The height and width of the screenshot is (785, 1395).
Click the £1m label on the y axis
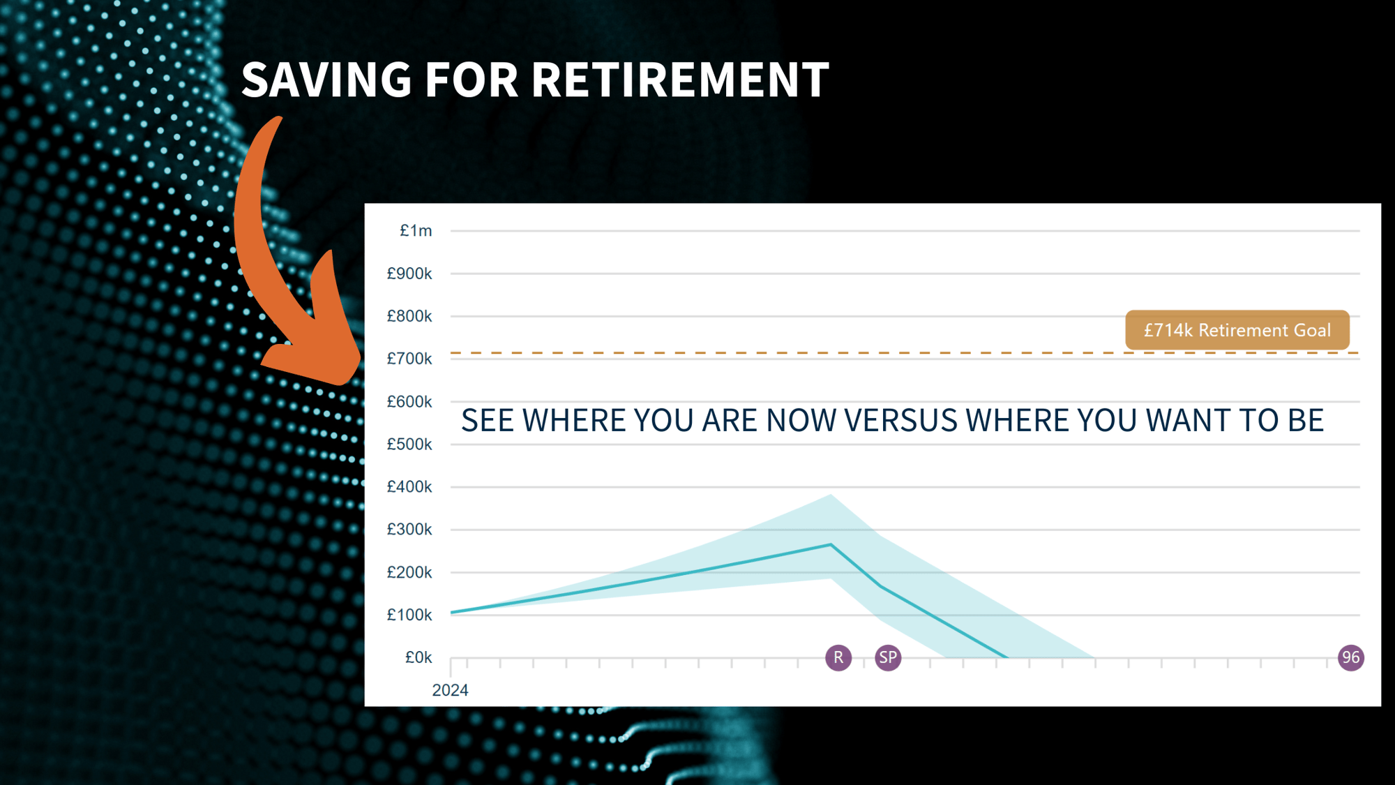pos(416,231)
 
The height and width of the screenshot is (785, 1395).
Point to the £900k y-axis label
pos(409,274)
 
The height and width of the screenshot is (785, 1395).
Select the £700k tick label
pos(409,359)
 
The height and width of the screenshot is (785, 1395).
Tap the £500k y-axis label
pos(409,444)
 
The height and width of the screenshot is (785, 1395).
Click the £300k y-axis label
pos(409,530)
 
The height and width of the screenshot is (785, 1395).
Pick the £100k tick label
pos(409,615)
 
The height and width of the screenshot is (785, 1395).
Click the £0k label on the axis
pos(418,657)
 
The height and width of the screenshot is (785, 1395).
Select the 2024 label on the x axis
pos(450,690)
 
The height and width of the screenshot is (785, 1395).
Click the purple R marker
pos(838,657)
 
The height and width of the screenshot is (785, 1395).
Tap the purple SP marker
pos(888,657)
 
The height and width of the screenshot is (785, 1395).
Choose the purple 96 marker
pos(1350,657)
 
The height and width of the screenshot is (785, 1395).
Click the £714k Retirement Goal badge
pos(1237,330)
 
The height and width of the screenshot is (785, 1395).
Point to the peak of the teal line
pos(831,544)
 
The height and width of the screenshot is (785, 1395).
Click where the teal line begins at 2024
pos(452,613)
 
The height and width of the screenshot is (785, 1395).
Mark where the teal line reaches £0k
pos(1006,657)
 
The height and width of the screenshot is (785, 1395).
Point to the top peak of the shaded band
pos(831,495)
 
